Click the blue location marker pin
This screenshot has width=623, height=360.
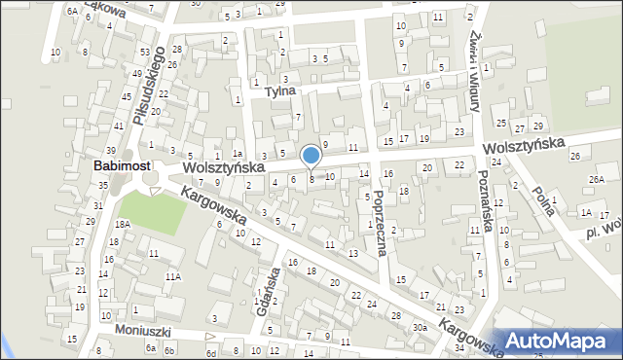click(311, 156)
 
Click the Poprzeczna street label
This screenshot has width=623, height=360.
click(381, 222)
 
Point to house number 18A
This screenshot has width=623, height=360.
click(122, 224)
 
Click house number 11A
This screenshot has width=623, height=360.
click(172, 276)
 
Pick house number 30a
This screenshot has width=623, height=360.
click(419, 328)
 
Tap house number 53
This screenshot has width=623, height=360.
click(145, 52)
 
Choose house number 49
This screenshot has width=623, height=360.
click(137, 74)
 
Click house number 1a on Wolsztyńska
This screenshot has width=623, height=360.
click(237, 154)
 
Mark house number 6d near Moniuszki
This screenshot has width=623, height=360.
click(211, 354)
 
